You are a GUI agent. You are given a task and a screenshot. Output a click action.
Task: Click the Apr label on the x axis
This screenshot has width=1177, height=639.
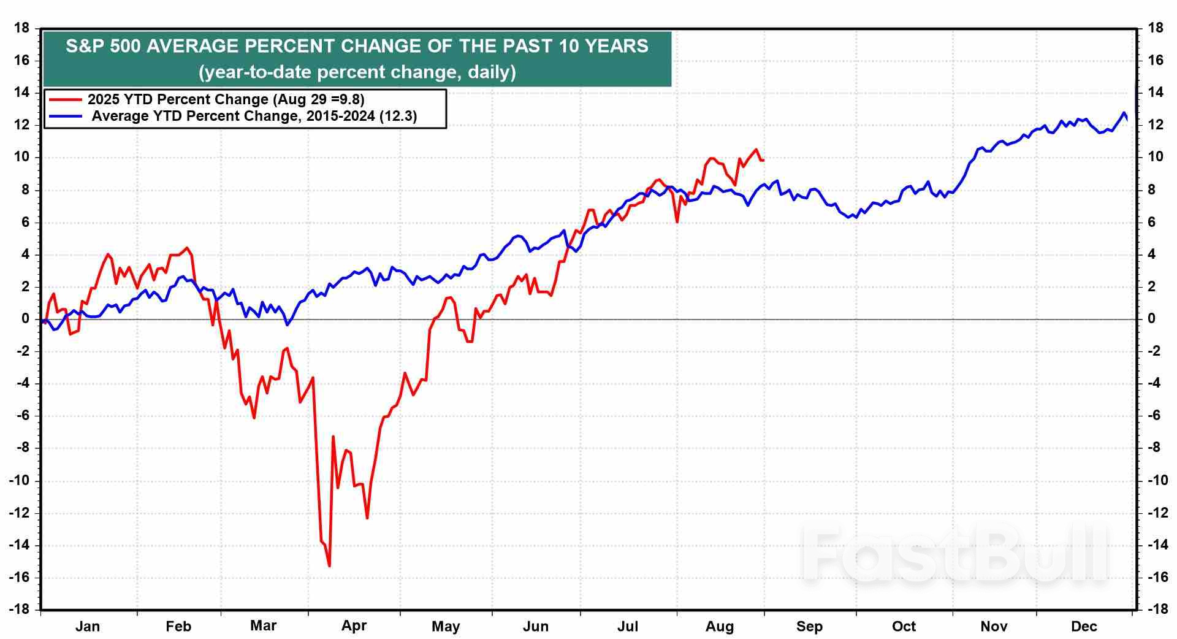coord(354,626)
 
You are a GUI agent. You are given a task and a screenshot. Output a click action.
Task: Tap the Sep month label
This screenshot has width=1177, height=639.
coord(809,626)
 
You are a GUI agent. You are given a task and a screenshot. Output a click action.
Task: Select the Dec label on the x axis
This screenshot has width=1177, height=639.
coord(1083,626)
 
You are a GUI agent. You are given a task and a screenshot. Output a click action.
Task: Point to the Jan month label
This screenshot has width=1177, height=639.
coord(87,626)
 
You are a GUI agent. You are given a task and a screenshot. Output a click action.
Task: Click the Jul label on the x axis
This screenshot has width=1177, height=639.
coord(627,626)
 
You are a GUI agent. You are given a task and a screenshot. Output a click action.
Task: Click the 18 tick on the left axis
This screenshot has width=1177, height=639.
coord(22,28)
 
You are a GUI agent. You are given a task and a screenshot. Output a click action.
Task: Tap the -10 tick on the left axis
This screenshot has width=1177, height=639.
coord(20,480)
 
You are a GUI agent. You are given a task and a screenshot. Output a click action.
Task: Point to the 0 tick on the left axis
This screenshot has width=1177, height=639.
coord(26,319)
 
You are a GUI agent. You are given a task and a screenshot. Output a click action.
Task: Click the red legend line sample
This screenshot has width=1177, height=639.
coord(66,99)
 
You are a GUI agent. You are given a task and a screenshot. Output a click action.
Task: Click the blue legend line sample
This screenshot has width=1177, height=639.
coord(66,116)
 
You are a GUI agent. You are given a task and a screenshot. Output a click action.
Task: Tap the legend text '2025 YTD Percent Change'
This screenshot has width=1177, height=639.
coord(178,99)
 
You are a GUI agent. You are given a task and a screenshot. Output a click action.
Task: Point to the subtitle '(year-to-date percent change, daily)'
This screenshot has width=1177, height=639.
coord(357,72)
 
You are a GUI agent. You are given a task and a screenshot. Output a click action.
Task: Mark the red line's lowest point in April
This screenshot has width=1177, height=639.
coord(329,565)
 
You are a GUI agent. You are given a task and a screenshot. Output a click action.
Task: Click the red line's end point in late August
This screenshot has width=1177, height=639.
coord(763,161)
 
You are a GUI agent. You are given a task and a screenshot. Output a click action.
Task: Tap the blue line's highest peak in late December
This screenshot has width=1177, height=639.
coord(1124,113)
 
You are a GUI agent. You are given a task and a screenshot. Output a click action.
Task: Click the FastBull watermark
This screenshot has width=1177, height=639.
coord(955,555)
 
